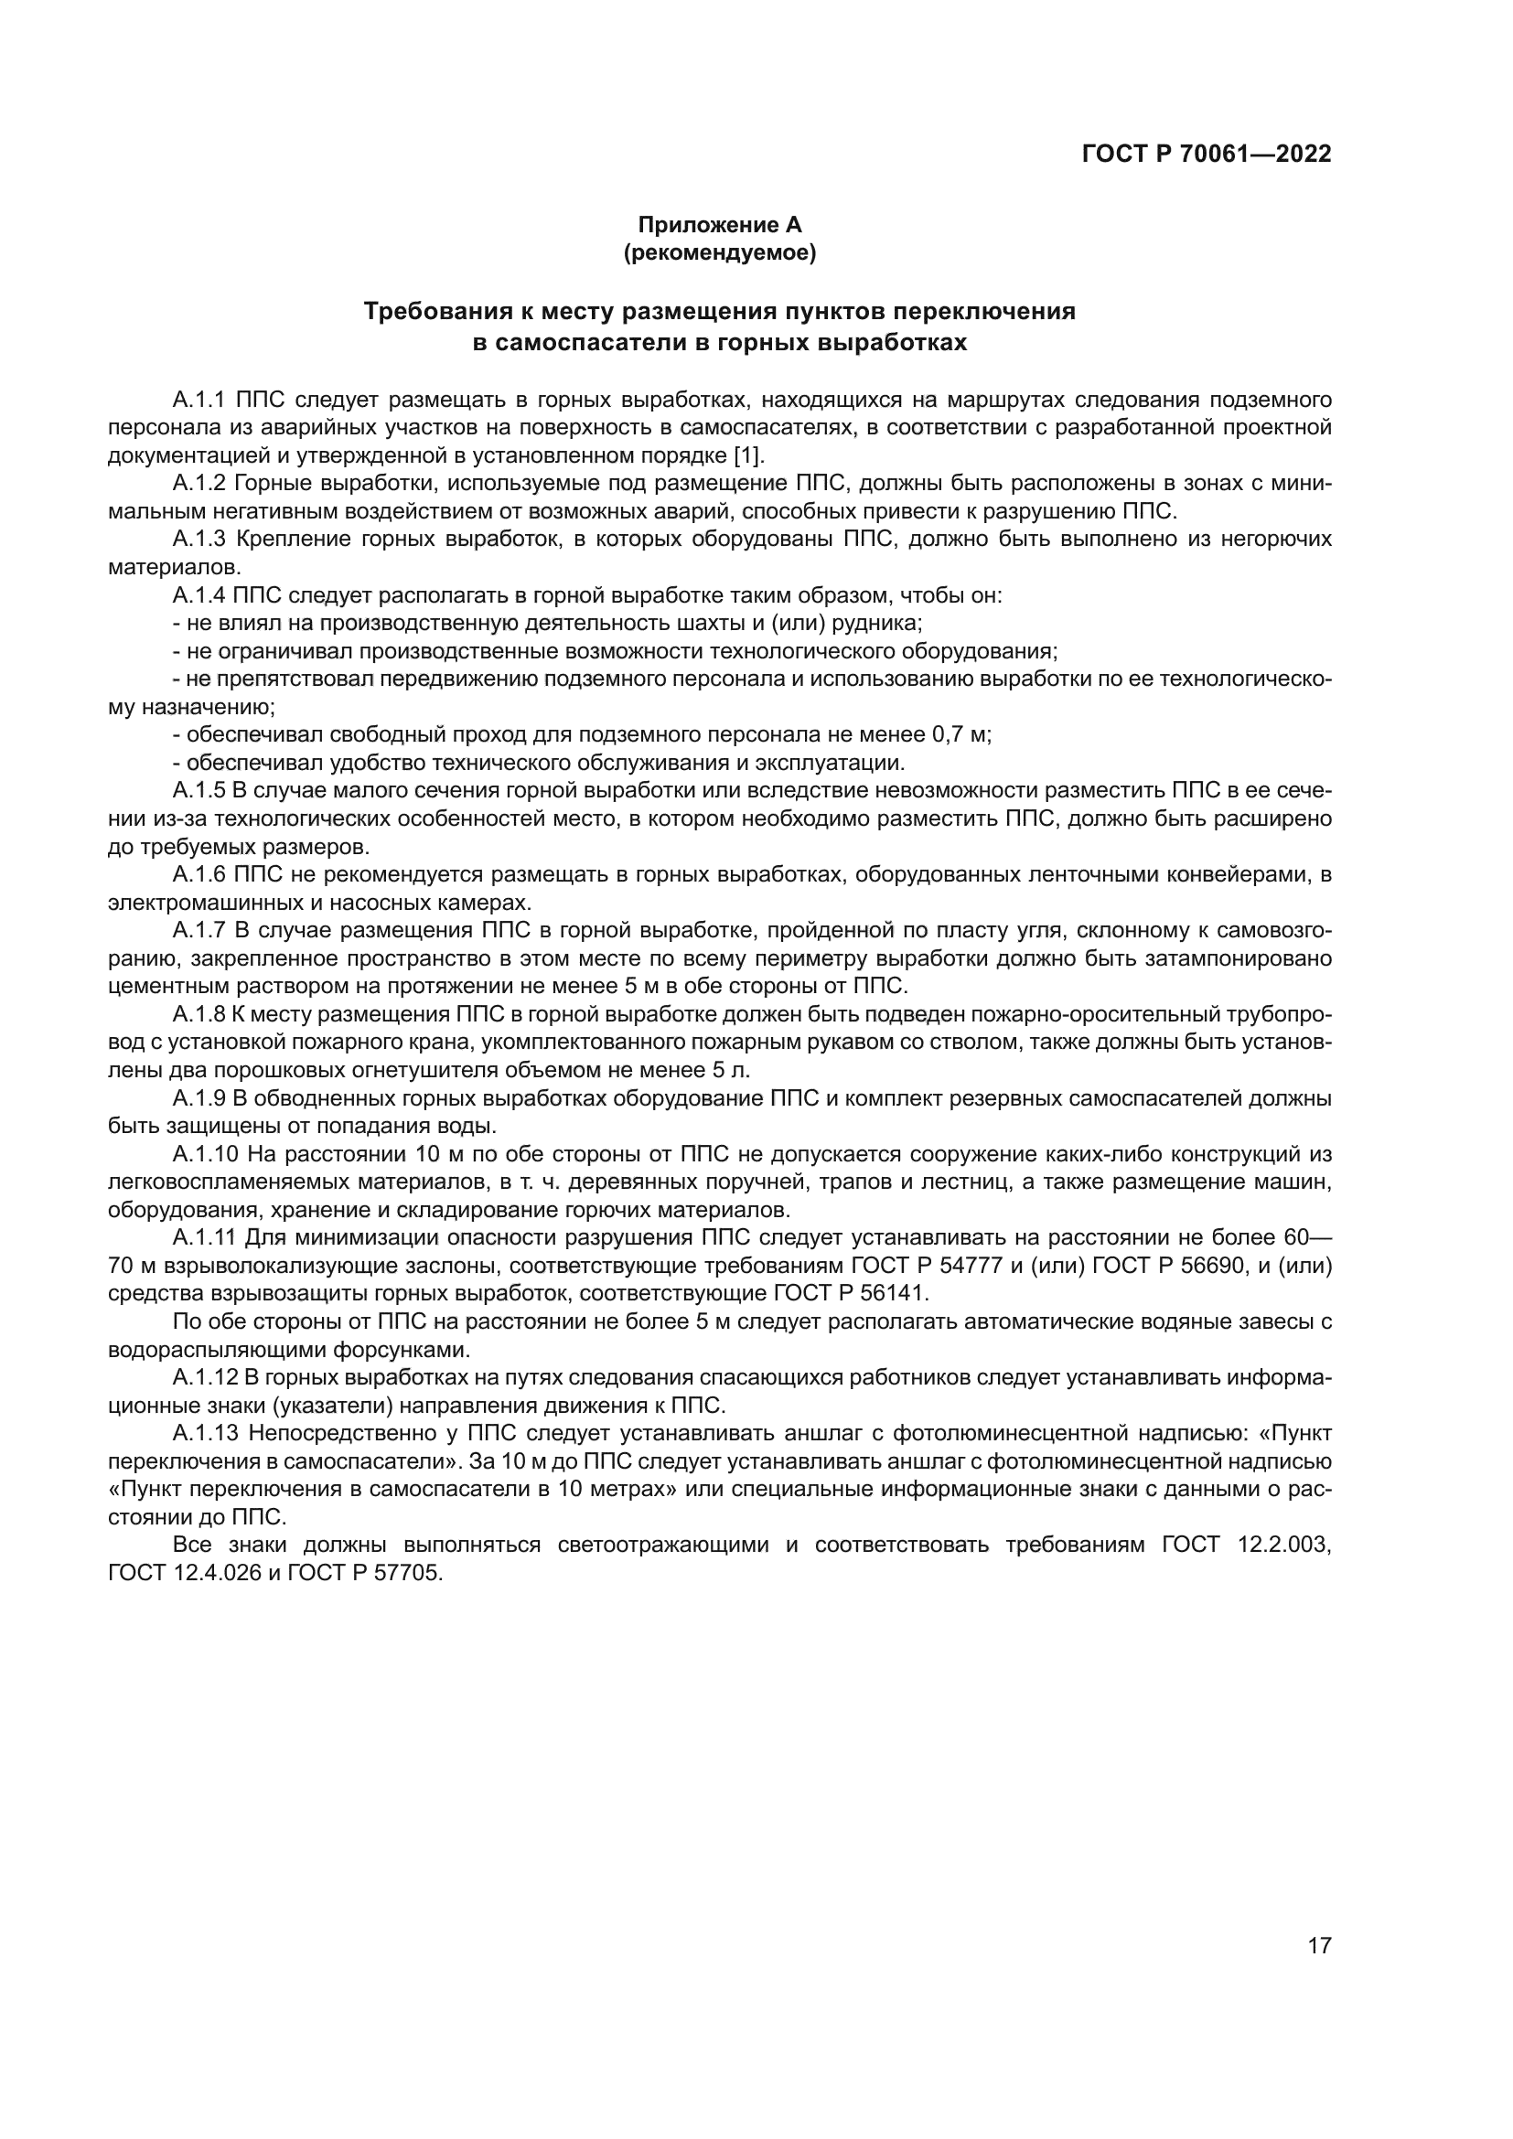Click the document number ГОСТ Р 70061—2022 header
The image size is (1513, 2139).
(1207, 155)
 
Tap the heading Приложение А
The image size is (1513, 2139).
(719, 225)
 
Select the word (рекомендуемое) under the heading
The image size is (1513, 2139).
(719, 252)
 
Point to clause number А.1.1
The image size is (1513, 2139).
(199, 401)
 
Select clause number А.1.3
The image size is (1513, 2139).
(199, 540)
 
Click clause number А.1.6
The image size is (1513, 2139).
(199, 875)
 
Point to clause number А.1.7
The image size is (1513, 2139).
(199, 931)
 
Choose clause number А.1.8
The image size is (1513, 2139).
(199, 1014)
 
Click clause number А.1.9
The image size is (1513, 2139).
(199, 1098)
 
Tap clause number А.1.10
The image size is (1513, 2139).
(205, 1154)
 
